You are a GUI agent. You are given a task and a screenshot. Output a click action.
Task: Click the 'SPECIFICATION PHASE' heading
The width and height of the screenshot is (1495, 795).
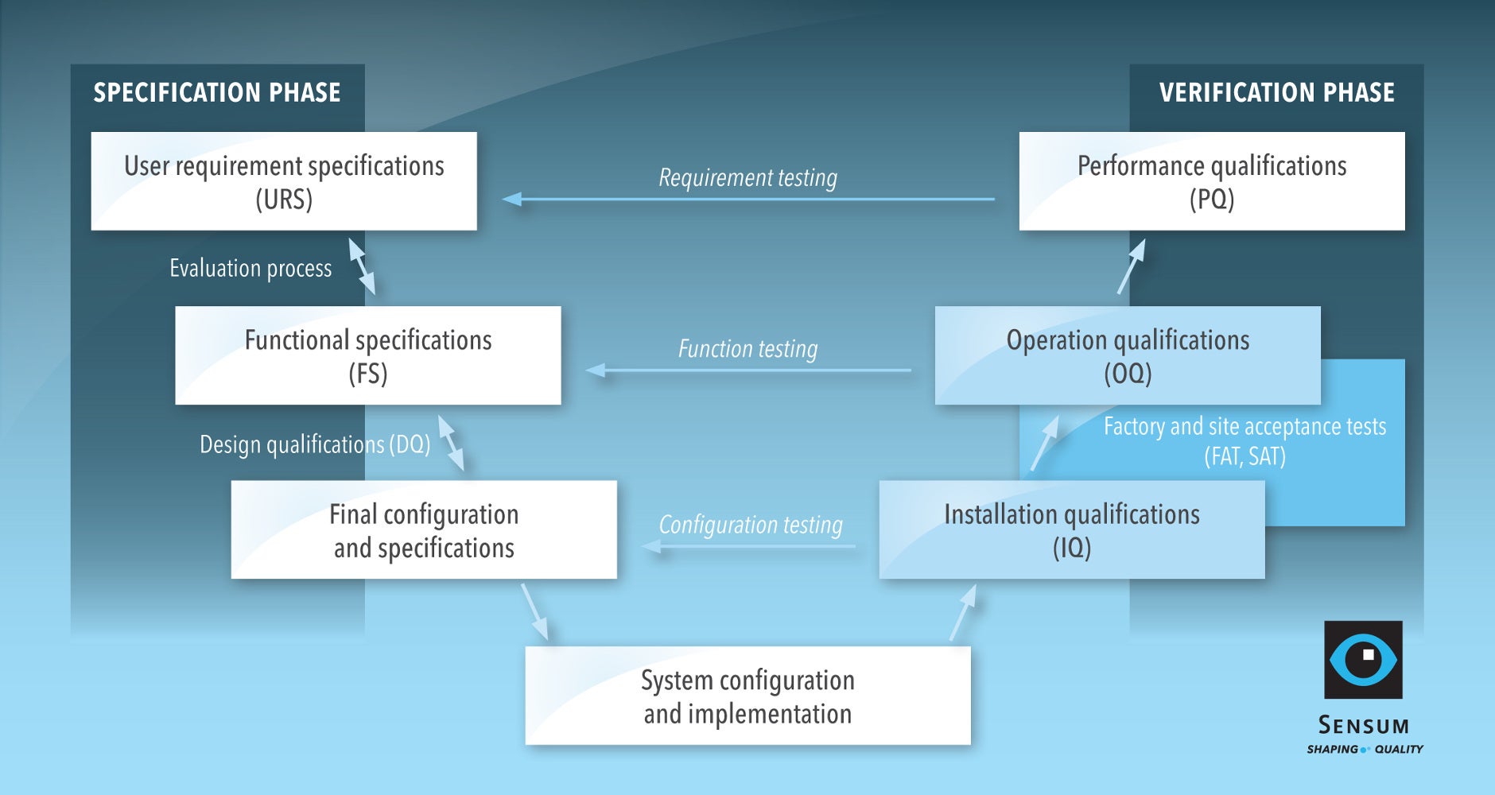(216, 93)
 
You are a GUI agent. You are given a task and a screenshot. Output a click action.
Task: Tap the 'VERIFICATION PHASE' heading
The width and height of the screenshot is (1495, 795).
(1276, 93)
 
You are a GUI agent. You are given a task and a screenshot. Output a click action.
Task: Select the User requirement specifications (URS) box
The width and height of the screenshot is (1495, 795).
(284, 181)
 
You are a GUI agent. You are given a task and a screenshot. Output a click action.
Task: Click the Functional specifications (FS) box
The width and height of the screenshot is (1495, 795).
(367, 355)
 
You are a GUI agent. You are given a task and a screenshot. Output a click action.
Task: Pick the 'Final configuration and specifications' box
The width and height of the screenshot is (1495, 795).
(424, 529)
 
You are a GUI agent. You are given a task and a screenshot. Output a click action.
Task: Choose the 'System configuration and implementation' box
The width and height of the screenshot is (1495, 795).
(747, 696)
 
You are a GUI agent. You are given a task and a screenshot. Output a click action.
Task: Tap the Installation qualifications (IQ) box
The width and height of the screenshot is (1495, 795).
(1071, 529)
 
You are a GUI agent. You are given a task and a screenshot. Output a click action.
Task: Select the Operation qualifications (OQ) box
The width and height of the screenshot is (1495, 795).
(1128, 355)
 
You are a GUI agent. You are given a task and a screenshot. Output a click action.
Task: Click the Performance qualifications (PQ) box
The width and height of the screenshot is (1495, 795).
(1211, 181)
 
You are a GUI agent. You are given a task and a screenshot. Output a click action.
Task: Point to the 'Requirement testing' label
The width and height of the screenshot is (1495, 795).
(747, 177)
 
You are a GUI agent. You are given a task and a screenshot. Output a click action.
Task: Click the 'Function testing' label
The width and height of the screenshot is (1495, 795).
(747, 348)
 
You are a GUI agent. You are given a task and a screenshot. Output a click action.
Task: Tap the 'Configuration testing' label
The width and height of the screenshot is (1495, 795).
(751, 525)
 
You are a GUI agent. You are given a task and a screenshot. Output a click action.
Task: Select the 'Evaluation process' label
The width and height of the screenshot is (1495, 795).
(250, 269)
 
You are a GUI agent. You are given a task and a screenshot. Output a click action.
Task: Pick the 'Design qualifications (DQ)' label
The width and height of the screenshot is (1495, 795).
(315, 444)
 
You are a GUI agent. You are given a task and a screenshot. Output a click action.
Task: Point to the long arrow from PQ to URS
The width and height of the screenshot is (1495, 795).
(747, 199)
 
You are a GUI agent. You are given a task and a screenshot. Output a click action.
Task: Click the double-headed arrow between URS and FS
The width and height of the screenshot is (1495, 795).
(362, 267)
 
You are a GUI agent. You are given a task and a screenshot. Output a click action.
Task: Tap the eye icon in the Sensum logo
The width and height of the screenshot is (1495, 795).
(1363, 660)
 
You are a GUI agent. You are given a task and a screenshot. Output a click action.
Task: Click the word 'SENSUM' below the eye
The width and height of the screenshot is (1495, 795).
(1363, 726)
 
